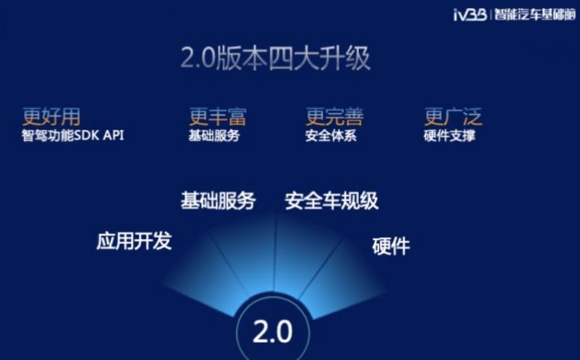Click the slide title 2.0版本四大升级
point(275,58)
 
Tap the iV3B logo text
point(470,15)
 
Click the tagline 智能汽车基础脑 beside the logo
point(535,15)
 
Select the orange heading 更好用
point(52,117)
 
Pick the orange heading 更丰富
point(217,117)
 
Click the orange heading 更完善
point(335,117)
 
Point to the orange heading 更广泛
point(453,117)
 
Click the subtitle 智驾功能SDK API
point(73,136)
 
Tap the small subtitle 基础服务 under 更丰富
point(214,136)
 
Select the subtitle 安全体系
point(331,136)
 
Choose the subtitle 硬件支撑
point(450,136)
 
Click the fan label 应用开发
point(134,241)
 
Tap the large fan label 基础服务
point(218,201)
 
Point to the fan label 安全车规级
point(332,201)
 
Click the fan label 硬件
point(391,246)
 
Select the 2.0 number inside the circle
point(273,331)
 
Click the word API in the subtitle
point(114,135)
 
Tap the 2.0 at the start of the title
point(198,58)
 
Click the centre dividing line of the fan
point(275,253)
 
